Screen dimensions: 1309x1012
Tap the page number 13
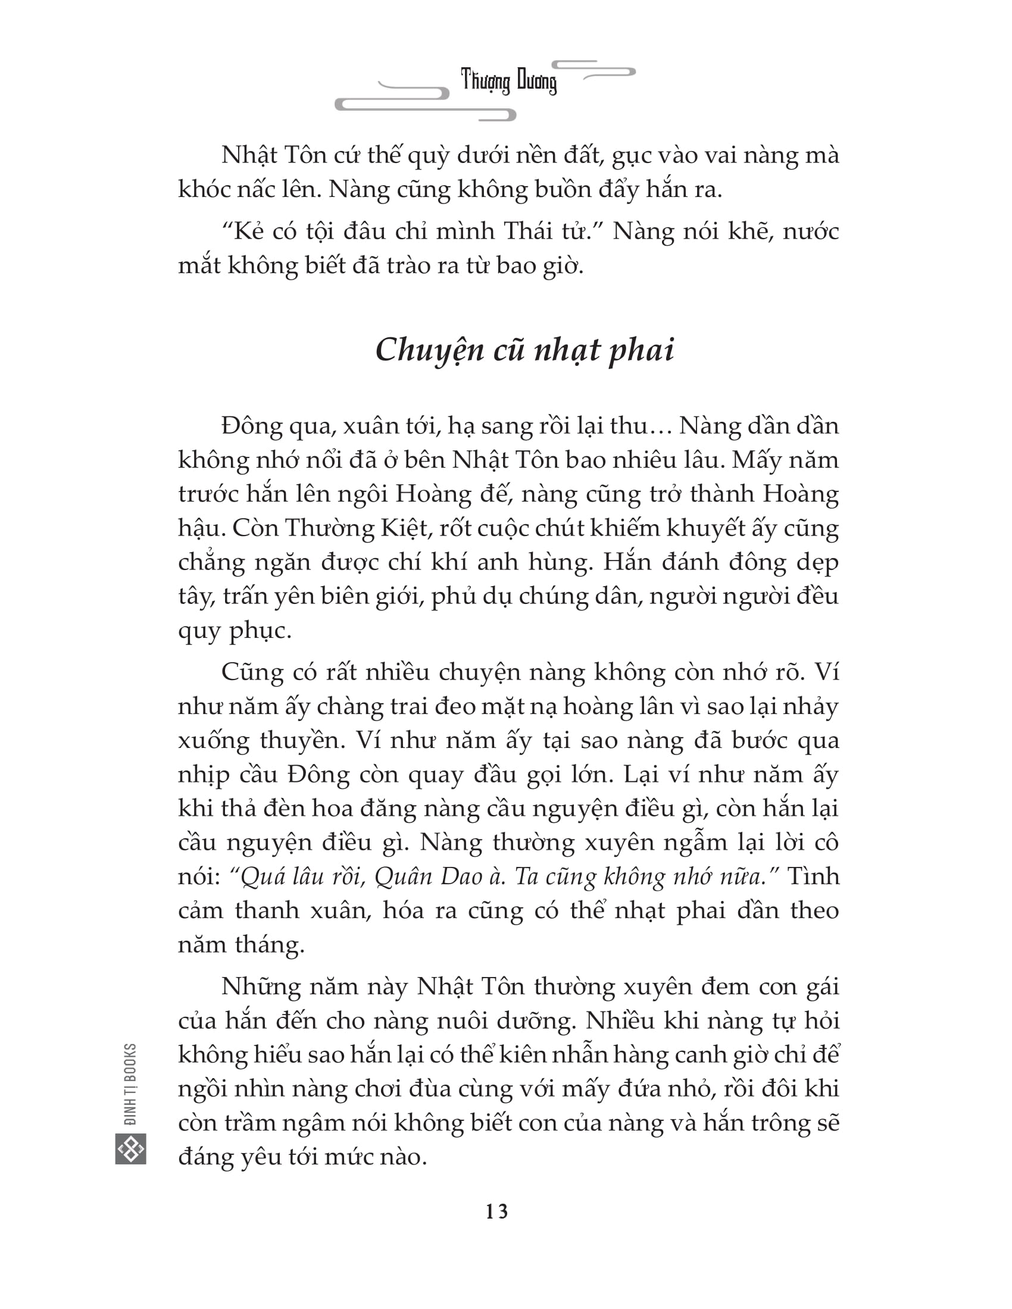click(497, 1211)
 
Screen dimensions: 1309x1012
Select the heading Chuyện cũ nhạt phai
click(524, 349)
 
